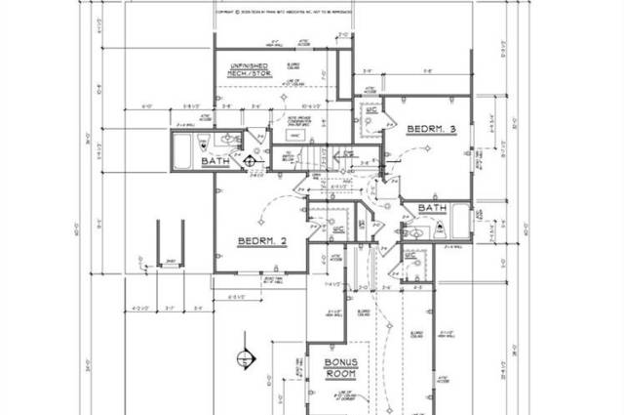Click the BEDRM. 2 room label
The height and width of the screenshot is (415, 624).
pos(262,239)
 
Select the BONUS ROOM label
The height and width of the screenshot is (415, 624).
pos(342,367)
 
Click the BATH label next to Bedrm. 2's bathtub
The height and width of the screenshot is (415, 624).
pos(215,161)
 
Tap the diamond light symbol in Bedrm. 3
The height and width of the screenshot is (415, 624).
pos(426,148)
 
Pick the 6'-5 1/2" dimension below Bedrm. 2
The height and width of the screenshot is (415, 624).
pos(234,296)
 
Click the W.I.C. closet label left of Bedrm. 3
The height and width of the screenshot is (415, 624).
pos(371,113)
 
